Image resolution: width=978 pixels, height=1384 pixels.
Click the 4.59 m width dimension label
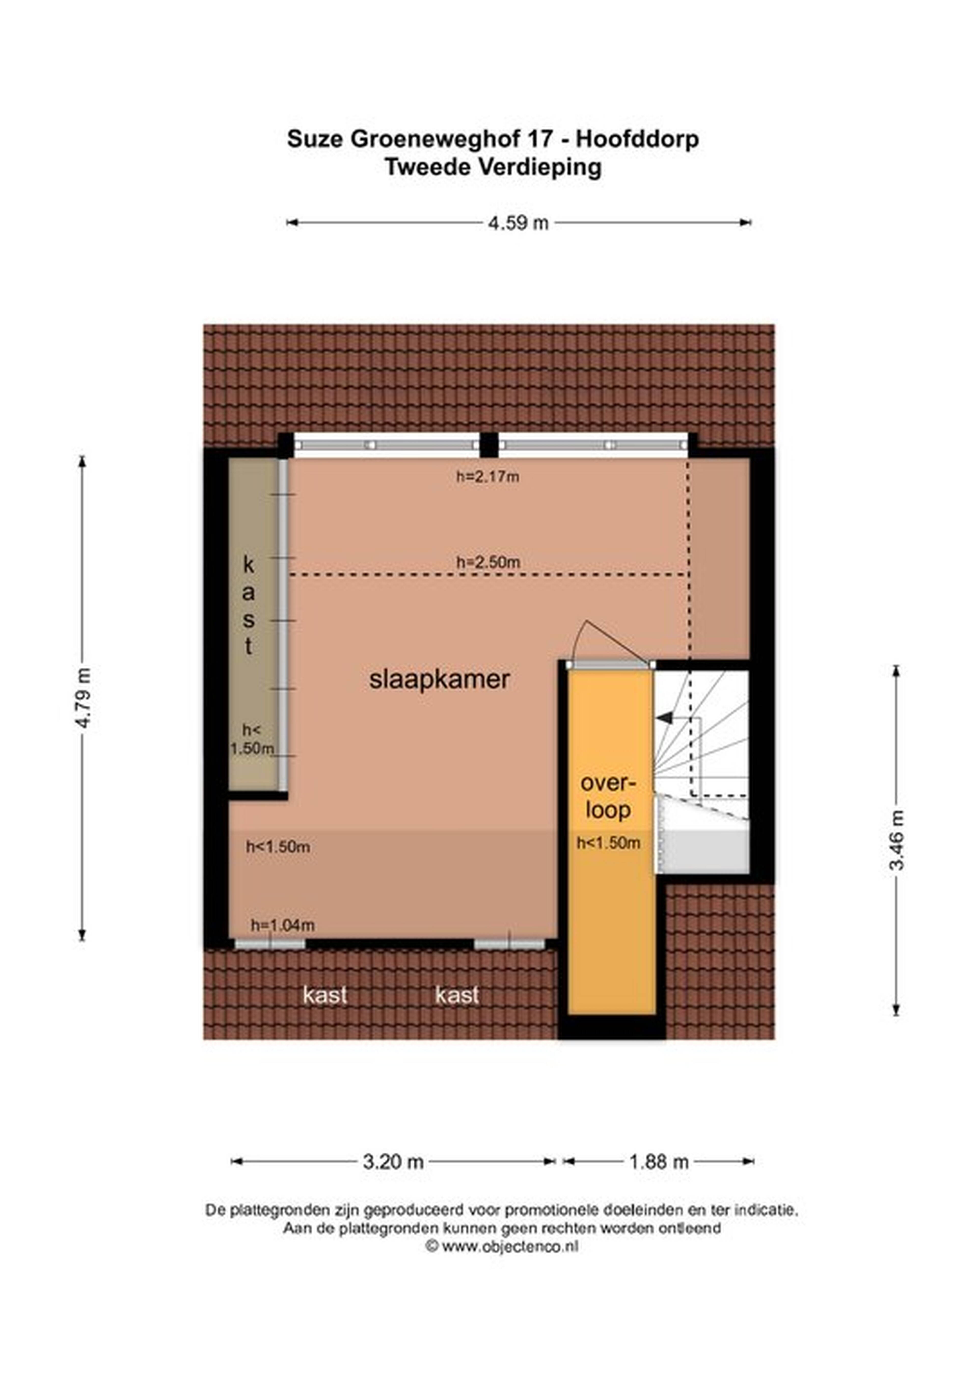(518, 223)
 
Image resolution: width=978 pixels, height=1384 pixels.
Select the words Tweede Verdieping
(493, 167)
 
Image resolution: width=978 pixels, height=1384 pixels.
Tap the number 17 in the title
(540, 139)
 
